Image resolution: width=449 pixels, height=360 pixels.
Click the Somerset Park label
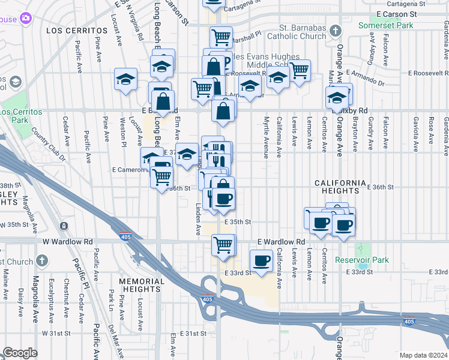tap(387, 26)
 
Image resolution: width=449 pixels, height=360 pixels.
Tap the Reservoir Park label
tap(362, 260)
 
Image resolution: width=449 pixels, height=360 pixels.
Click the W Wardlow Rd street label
tap(67, 241)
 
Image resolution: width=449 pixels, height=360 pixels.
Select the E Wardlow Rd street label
tap(281, 241)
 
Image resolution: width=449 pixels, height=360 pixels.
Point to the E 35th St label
tap(237, 221)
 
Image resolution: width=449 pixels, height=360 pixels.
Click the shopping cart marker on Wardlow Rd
tap(223, 245)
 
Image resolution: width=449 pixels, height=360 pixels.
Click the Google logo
tap(20, 353)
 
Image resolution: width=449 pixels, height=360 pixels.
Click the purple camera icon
tap(26, 19)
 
